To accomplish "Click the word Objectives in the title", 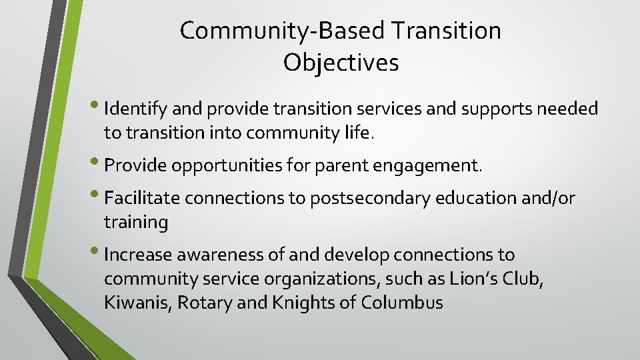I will (341, 63).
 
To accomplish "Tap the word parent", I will (314, 165).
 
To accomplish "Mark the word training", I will (136, 223).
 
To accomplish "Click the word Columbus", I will (402, 303).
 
